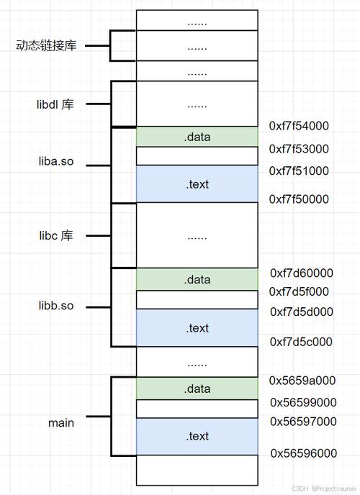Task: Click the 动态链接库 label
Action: [46, 45]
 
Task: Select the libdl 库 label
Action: [55, 104]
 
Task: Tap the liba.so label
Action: [56, 161]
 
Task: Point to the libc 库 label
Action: [56, 235]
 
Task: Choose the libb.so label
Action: [56, 306]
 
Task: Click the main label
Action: [61, 423]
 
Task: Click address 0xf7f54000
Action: [299, 126]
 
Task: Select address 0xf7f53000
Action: [299, 149]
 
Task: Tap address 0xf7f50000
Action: [299, 199]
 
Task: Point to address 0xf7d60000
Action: [302, 273]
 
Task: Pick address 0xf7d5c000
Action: [301, 342]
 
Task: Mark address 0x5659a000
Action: [302, 381]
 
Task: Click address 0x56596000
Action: [304, 453]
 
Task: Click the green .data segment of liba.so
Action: [197, 137]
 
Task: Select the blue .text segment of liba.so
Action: [197, 183]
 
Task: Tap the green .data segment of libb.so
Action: [197, 279]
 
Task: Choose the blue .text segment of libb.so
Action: [197, 327]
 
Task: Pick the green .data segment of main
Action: [197, 389]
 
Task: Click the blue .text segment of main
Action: [197, 436]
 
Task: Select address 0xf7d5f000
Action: [299, 291]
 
